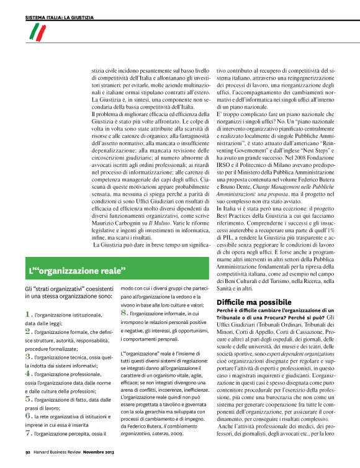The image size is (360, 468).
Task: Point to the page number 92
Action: click(28, 453)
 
